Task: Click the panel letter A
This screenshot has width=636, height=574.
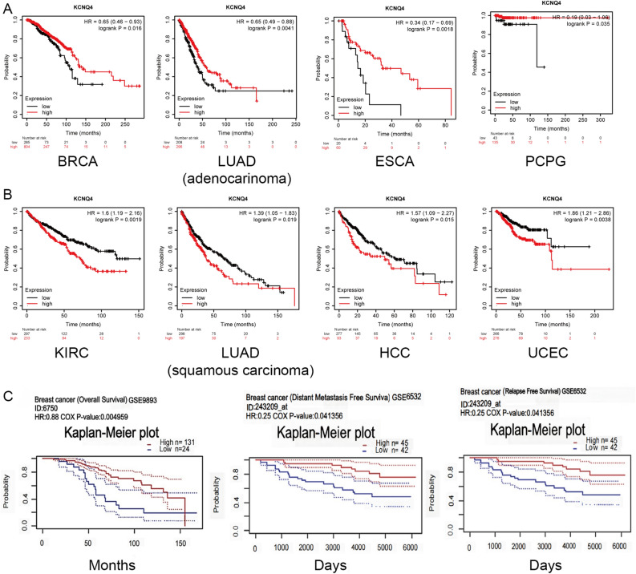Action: tap(7, 9)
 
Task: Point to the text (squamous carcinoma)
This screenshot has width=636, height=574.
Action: tap(235, 369)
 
